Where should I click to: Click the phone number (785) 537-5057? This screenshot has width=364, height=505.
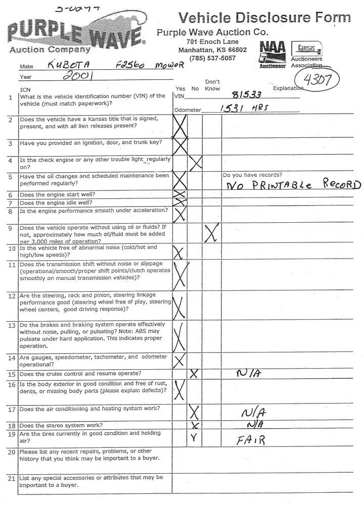[212, 58]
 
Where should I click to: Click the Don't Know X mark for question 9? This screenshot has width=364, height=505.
[212, 232]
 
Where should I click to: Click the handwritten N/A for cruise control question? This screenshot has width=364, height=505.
[248, 374]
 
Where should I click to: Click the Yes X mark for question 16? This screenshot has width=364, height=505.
[179, 389]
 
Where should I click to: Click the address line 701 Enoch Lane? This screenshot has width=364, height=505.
[212, 41]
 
